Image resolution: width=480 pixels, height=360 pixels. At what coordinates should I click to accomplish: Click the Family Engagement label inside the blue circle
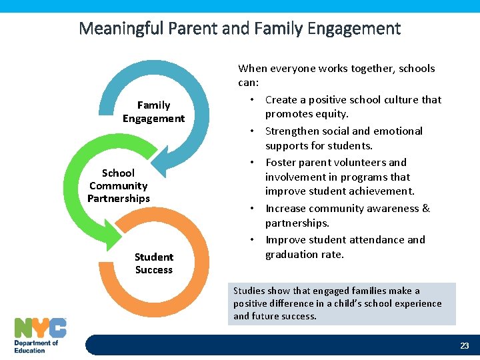[x=153, y=112]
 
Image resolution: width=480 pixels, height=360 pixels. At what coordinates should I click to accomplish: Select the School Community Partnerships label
[x=119, y=185]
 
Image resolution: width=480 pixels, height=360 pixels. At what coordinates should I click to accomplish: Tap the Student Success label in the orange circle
[x=153, y=263]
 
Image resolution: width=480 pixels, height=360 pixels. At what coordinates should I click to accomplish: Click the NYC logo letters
[x=40, y=328]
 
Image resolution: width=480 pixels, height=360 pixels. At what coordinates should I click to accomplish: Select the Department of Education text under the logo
[x=37, y=346]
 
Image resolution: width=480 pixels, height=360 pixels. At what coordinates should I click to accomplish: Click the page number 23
[x=464, y=345]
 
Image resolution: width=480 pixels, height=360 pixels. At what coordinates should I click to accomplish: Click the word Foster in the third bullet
[x=281, y=162]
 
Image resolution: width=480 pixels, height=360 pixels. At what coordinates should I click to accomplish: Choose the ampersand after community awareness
[x=426, y=209]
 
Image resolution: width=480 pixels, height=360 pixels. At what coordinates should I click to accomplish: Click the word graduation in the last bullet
[x=293, y=254]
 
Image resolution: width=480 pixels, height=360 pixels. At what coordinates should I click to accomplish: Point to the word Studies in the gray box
[x=248, y=291]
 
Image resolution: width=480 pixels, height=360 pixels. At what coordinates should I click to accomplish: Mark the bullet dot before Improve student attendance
[x=253, y=239]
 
